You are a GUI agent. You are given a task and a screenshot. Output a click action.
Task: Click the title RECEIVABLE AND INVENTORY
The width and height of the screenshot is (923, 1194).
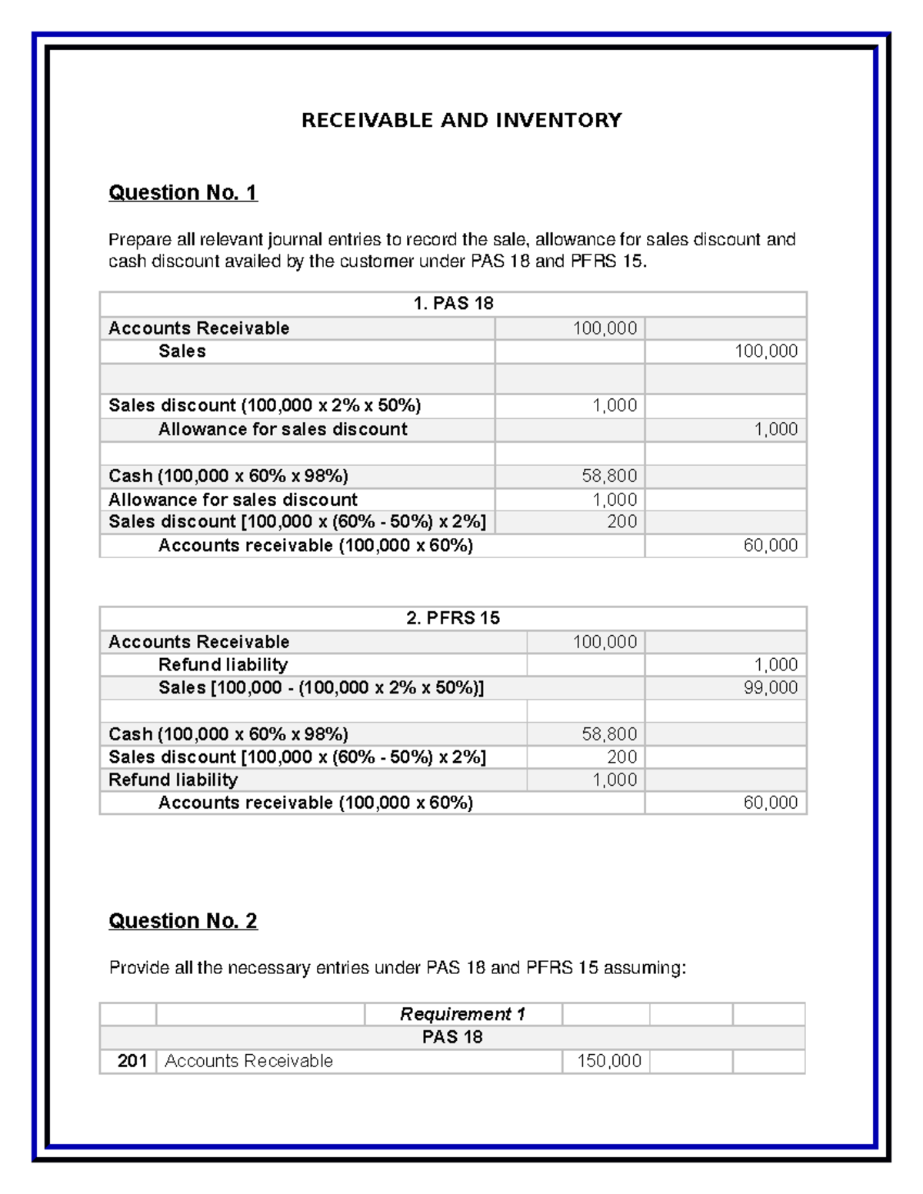pos(461,120)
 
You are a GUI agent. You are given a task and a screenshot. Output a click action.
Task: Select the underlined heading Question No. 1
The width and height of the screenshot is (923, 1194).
pos(182,192)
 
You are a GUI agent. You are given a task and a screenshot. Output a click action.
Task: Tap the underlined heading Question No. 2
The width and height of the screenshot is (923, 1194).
pos(182,920)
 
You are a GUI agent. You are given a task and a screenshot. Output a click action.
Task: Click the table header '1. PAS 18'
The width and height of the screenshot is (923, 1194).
pos(453,304)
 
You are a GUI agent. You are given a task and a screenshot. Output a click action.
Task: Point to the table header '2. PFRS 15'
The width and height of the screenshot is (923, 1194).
pos(453,618)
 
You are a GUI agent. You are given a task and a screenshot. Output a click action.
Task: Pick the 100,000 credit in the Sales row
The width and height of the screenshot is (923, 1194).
pos(765,351)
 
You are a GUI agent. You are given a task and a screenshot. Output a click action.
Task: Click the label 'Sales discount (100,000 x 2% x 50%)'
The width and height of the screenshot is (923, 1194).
pos(265,405)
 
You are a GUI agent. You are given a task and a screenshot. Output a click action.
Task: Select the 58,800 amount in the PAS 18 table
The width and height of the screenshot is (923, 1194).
pos(609,476)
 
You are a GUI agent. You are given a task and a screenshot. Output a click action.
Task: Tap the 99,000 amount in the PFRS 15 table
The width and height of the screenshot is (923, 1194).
pos(770,687)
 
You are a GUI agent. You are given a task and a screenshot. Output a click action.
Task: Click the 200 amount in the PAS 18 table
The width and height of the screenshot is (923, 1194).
pos(621,521)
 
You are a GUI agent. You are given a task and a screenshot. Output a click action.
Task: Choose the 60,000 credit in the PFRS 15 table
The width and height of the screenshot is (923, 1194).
pos(770,803)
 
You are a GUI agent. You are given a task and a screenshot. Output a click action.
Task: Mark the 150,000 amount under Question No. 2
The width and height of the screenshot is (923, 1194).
pos(608,1061)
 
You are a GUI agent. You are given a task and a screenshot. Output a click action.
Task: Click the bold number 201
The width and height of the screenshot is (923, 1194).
pos(132,1061)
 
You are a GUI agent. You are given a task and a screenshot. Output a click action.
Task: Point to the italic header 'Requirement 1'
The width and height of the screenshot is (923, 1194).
pos(462,1014)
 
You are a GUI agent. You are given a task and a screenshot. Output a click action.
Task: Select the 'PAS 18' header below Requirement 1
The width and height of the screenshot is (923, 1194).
pos(452,1037)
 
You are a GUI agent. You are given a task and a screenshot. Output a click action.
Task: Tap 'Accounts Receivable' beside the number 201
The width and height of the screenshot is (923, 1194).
pos(248,1061)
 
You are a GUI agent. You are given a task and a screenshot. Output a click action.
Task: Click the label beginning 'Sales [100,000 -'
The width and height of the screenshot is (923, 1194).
pos(321,687)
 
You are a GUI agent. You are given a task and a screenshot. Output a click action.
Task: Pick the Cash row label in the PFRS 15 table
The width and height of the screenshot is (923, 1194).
pos(228,734)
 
